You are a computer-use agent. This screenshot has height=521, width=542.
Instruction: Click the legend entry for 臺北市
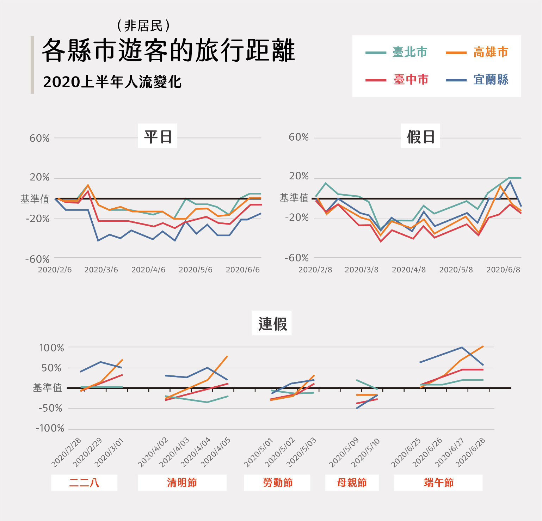pyautogui.click(x=409, y=52)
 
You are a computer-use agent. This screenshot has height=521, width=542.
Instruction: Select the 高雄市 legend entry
pyautogui.click(x=491, y=52)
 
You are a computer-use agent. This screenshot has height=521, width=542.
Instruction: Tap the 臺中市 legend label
pyautogui.click(x=411, y=80)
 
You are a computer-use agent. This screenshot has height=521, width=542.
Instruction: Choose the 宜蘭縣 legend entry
pyautogui.click(x=491, y=80)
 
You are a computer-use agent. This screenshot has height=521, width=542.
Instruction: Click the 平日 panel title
pyautogui.click(x=158, y=136)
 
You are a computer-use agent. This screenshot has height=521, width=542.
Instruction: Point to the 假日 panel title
pyautogui.click(x=420, y=136)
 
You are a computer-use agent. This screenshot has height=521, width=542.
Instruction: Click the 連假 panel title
pyautogui.click(x=272, y=323)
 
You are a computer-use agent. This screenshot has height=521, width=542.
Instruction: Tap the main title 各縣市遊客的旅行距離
pyautogui.click(x=168, y=51)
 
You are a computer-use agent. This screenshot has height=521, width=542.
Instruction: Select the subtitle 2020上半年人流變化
pyautogui.click(x=112, y=82)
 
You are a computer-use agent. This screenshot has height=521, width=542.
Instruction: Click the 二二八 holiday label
pyautogui.click(x=84, y=482)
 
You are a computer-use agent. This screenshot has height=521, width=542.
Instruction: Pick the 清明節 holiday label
pyautogui.click(x=182, y=482)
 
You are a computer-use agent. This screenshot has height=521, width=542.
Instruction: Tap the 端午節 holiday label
pyautogui.click(x=438, y=482)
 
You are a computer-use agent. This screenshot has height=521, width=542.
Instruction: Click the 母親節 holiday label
pyautogui.click(x=352, y=482)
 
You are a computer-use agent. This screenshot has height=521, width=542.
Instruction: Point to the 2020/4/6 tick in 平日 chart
pyautogui.click(x=148, y=270)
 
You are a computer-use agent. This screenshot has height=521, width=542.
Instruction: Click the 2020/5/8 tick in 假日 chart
pyautogui.click(x=456, y=270)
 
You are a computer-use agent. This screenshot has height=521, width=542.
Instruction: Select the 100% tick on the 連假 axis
pyautogui.click(x=51, y=348)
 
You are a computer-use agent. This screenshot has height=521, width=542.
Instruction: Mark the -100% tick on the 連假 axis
pyautogui.click(x=50, y=428)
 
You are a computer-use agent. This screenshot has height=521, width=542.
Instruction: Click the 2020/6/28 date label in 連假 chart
pyautogui.click(x=471, y=452)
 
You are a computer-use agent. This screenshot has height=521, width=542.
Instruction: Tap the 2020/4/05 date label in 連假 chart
pyautogui.click(x=216, y=452)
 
